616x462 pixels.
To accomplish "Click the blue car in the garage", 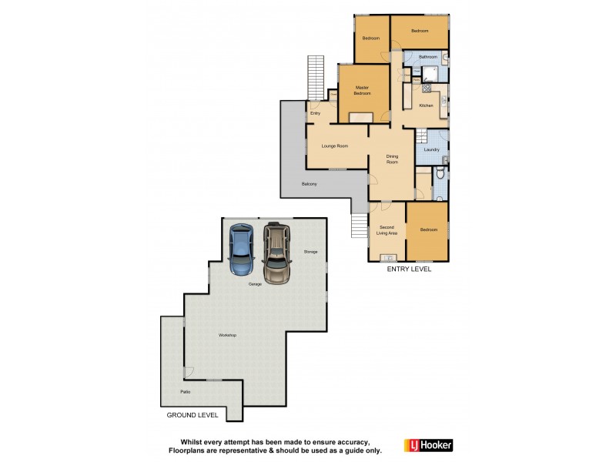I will coord(242,248).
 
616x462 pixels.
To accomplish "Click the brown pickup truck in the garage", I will coord(276,252).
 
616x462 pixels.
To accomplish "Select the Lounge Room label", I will coord(335,146).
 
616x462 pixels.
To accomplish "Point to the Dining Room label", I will coord(392,159).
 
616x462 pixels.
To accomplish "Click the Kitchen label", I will coord(426,105).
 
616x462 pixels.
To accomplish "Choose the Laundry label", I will coord(431,149).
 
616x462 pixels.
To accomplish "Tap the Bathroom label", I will coord(428,58).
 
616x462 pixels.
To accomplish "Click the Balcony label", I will coord(310,184).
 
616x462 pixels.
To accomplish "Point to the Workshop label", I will coord(227,335).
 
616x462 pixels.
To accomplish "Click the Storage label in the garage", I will coord(310,252).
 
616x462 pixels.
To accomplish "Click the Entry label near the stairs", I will coord(315,113).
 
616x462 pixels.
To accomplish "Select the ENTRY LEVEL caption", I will coord(409,269).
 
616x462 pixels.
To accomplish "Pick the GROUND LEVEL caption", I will coord(192,415).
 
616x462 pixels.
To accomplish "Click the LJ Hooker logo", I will coord(428,445).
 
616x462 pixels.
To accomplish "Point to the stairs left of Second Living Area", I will coord(360,226).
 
